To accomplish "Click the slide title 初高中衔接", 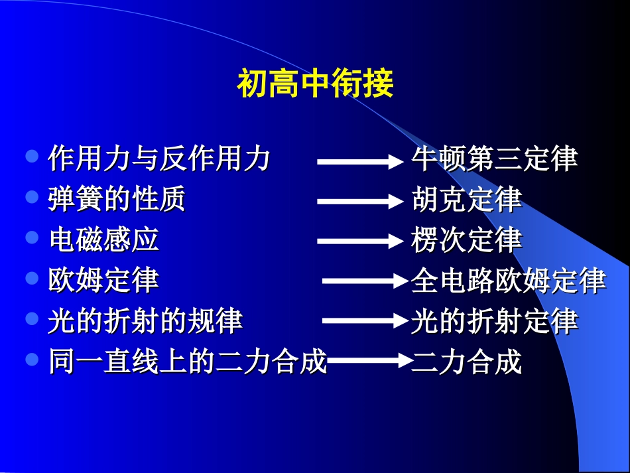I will [315, 84].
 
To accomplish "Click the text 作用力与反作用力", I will [159, 159].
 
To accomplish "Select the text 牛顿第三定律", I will [494, 159].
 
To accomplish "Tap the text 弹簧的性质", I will [117, 200].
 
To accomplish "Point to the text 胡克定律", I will [466, 200].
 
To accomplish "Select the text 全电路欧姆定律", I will [508, 281].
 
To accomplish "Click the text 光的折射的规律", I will [145, 321].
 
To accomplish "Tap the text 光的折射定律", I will [494, 321].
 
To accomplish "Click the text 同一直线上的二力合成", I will [188, 362].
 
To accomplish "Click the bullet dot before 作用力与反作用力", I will [32, 157].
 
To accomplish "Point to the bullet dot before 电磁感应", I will [32, 238].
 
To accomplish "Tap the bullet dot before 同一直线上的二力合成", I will [32, 360].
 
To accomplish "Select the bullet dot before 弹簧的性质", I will [32, 198].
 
